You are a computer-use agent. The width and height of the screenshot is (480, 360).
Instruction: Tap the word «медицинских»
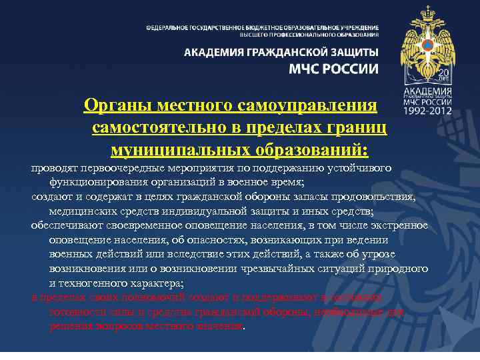[x=79, y=211]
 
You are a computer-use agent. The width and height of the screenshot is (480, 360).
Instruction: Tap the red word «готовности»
[x=74, y=311]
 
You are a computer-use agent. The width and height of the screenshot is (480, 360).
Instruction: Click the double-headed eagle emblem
[x=428, y=40]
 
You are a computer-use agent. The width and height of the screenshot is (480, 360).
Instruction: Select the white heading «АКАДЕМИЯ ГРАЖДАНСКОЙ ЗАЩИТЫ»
[x=281, y=52]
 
